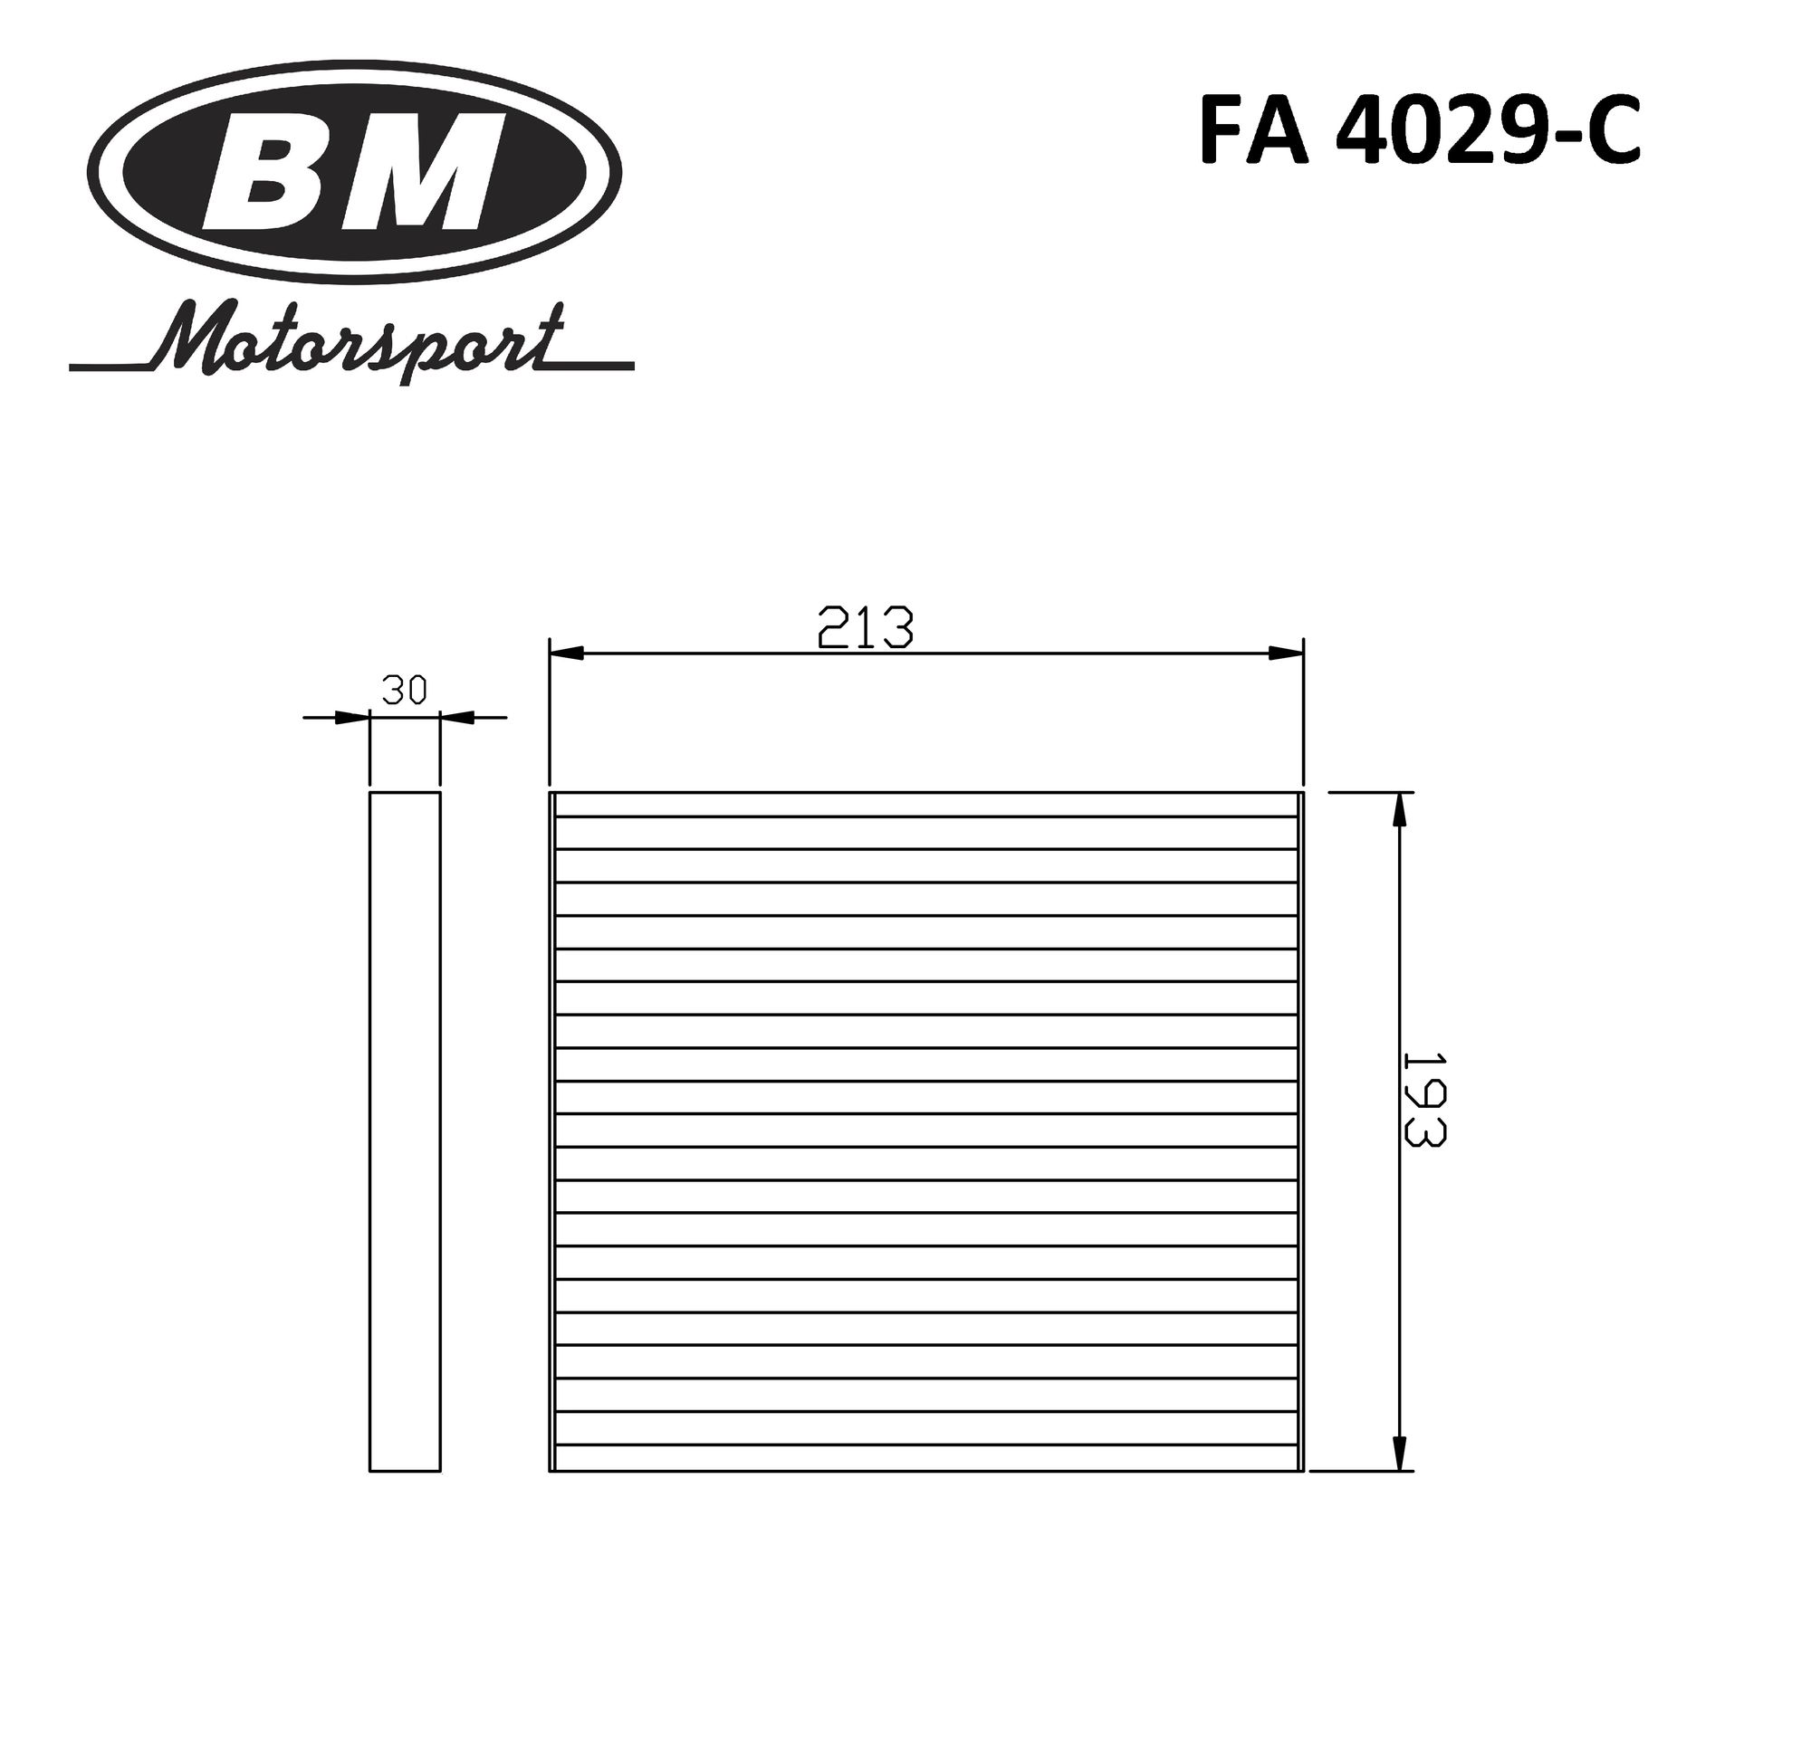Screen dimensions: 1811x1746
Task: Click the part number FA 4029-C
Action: point(1419,130)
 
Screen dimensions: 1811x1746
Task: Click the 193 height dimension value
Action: point(1422,1100)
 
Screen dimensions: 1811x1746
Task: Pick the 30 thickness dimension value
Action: point(404,689)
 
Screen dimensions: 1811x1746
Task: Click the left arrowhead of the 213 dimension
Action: point(568,654)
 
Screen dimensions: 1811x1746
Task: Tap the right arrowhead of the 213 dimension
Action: point(1285,654)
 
